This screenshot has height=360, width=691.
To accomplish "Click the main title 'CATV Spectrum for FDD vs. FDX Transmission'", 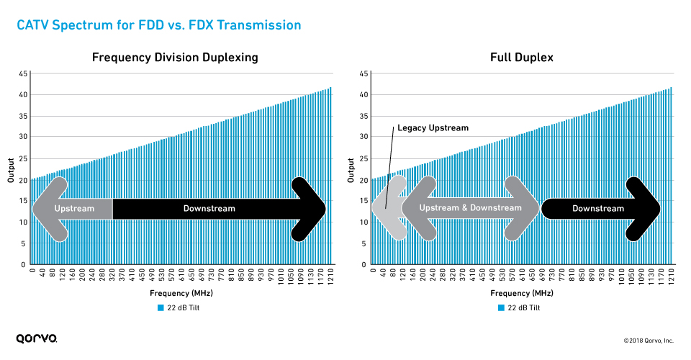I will pyautogui.click(x=158, y=25).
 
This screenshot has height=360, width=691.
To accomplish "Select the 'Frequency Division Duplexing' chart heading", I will pyautogui.click(x=175, y=58).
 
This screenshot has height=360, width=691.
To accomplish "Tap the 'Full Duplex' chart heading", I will pyautogui.click(x=522, y=58).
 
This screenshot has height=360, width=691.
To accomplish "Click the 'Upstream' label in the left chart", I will pyautogui.click(x=74, y=209).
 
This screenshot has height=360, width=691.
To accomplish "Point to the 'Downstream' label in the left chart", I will pyautogui.click(x=209, y=209).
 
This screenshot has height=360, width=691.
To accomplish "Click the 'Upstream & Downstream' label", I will pyautogui.click(x=470, y=208).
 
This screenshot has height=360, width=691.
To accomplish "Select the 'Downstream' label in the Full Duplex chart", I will pyautogui.click(x=597, y=209).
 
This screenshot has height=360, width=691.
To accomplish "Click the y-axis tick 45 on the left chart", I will pyautogui.click(x=23, y=73).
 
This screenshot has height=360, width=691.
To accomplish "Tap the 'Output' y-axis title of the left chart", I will pyautogui.click(x=12, y=169).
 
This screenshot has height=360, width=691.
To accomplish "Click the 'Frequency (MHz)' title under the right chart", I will pyautogui.click(x=522, y=293).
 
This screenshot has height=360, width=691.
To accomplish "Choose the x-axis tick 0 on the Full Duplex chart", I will pyautogui.click(x=372, y=272).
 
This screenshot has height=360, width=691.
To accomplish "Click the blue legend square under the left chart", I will pyautogui.click(x=161, y=307).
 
